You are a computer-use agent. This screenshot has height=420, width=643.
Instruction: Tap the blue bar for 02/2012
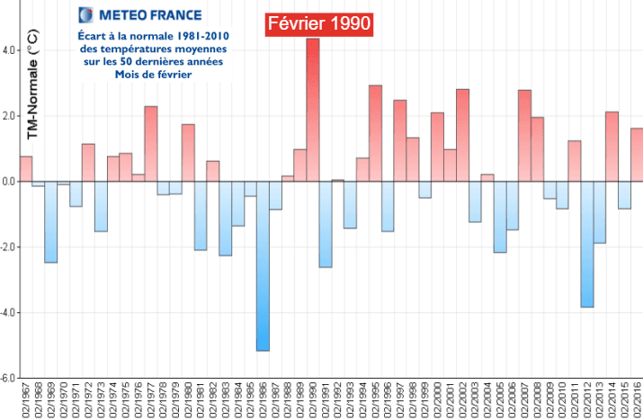[587, 244]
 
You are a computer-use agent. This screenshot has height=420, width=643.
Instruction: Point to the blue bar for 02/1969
[51, 221]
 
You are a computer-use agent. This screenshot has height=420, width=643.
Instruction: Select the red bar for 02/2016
[637, 155]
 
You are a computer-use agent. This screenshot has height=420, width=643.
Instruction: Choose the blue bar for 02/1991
[326, 224]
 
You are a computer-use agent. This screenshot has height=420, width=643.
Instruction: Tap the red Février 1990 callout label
[319, 24]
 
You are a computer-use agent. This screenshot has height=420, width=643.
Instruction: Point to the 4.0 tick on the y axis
[10, 50]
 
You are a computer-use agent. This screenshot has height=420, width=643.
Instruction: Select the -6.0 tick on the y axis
[8, 379]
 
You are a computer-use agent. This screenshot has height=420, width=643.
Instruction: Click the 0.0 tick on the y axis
[10, 182]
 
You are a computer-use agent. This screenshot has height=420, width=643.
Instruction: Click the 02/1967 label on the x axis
[27, 400]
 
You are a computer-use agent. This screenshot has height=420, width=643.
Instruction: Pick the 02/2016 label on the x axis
[638, 400]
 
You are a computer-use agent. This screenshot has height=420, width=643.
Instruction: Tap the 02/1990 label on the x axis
[313, 400]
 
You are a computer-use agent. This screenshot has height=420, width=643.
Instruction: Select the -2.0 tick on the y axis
[8, 247]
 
